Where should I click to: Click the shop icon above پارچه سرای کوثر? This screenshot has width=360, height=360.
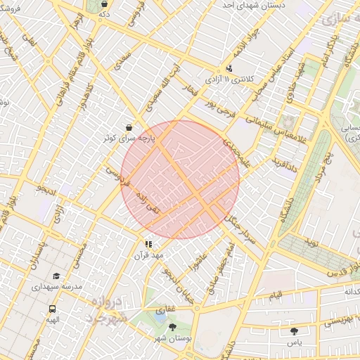129,127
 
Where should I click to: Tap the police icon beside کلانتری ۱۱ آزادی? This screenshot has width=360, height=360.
230,69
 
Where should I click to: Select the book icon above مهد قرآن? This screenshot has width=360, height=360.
148,244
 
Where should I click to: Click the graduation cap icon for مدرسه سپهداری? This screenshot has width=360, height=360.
56,276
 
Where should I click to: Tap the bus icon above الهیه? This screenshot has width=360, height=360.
52,309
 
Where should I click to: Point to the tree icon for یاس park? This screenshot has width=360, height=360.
294,330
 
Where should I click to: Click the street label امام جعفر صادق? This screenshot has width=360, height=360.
221,269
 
